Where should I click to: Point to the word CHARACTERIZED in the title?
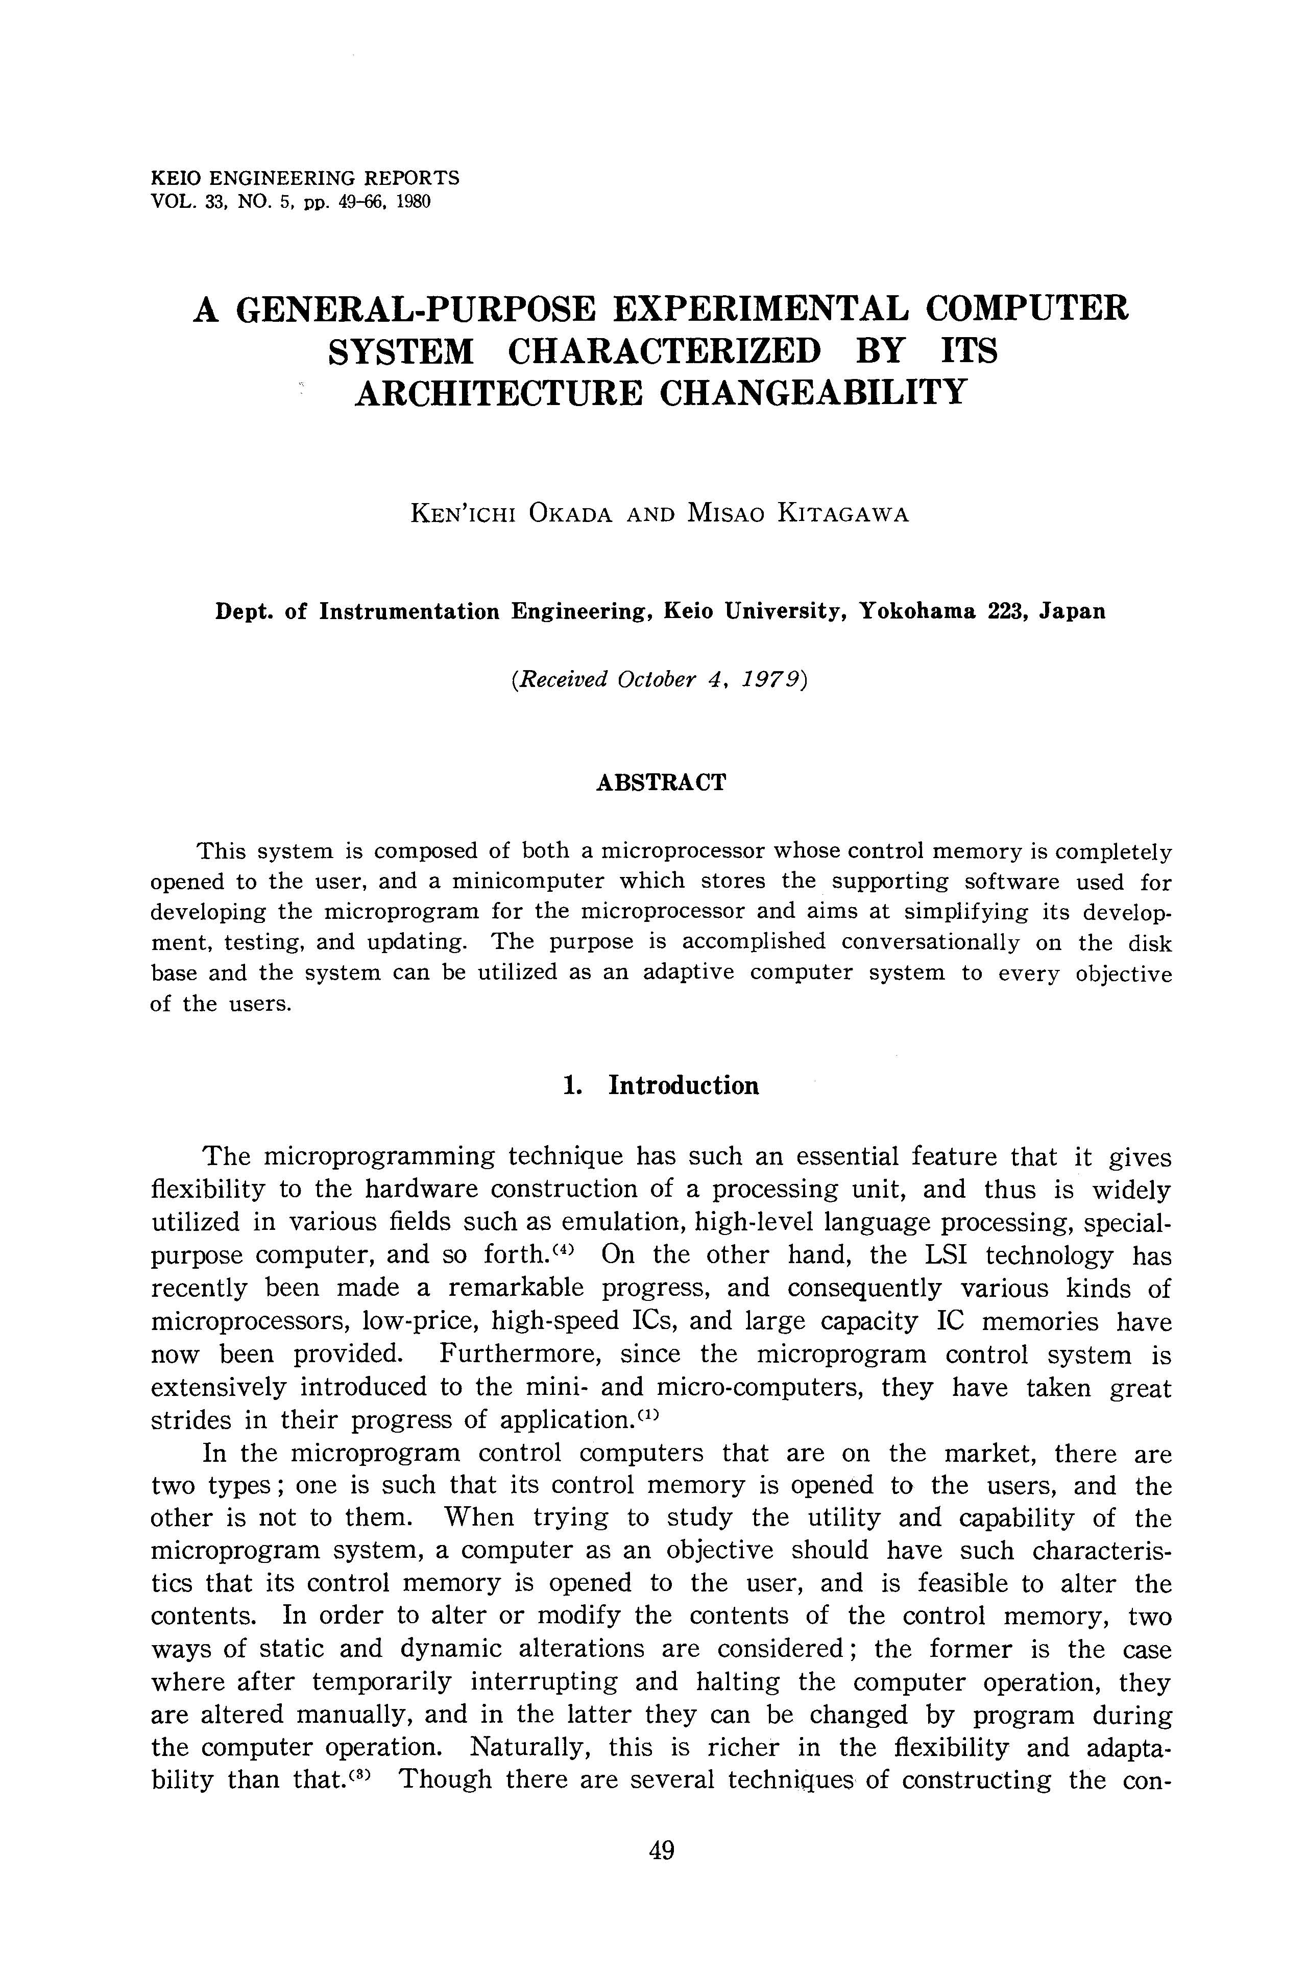pos(664,350)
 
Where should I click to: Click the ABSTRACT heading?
pos(661,783)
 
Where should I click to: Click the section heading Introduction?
pos(684,1085)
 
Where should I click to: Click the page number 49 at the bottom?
pos(661,1851)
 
